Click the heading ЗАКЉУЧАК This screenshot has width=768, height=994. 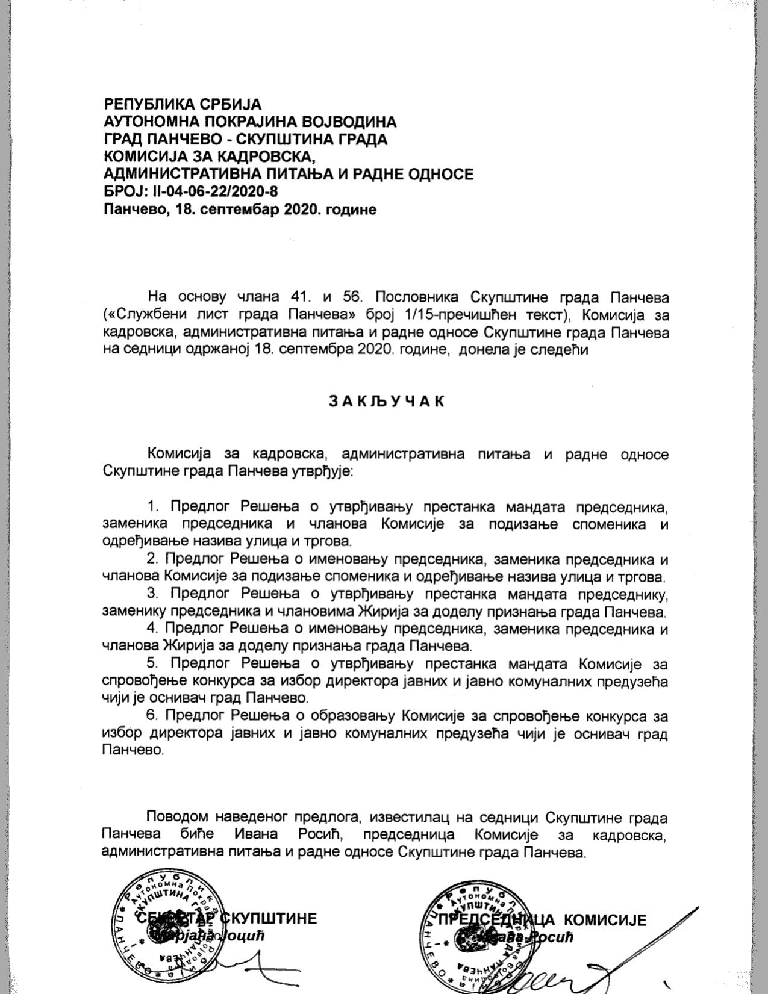pyautogui.click(x=386, y=402)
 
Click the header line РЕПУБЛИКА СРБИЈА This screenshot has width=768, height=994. pyautogui.click(x=183, y=104)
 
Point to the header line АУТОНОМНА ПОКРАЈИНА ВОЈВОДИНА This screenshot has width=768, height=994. pyautogui.click(x=250, y=122)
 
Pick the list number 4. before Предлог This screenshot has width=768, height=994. pyautogui.click(x=152, y=629)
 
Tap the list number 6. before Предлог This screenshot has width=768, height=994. pyautogui.click(x=152, y=716)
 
